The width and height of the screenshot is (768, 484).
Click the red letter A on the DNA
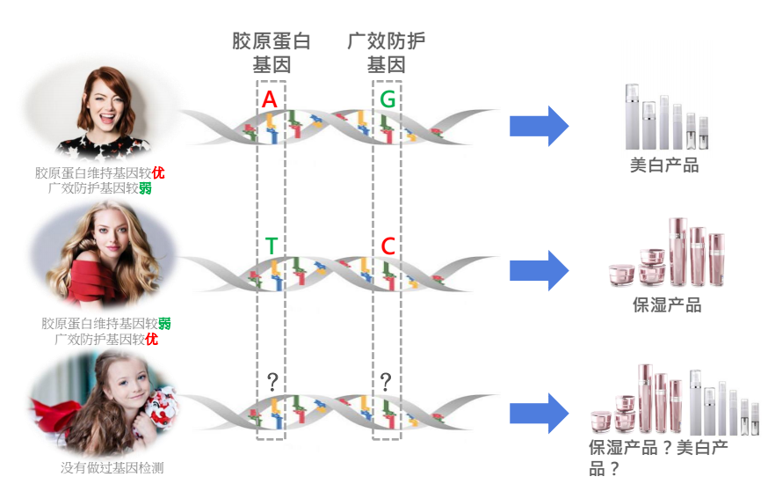point(270,100)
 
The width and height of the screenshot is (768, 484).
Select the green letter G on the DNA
point(388,100)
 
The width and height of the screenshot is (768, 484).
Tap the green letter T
point(271,247)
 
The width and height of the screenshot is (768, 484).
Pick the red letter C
point(388,247)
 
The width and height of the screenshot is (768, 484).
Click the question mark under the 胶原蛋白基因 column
point(272,382)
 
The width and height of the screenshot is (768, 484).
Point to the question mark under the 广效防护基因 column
point(384,382)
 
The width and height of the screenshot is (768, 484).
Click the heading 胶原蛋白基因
point(271,53)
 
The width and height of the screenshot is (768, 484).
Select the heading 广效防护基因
point(387,53)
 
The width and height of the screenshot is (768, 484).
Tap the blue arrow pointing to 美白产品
point(539,126)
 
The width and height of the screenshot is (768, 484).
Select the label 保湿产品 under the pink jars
point(667,305)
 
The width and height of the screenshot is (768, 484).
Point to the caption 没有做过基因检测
point(112,468)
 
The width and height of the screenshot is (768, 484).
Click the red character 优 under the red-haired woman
point(158,172)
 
